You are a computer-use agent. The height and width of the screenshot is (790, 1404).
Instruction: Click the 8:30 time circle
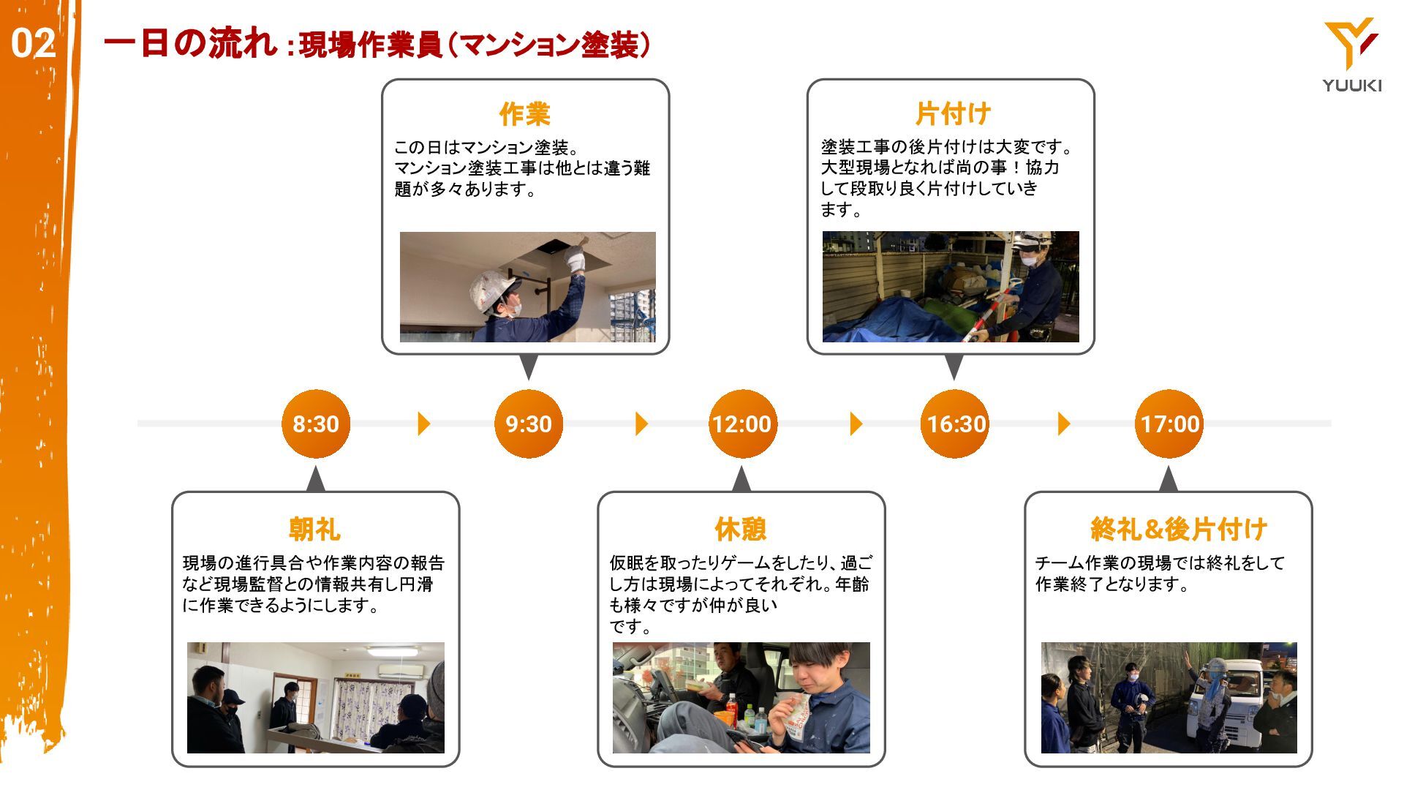(x=316, y=424)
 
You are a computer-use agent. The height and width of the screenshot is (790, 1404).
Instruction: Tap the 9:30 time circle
(x=529, y=424)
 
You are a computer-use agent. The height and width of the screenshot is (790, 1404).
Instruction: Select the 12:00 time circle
(x=742, y=424)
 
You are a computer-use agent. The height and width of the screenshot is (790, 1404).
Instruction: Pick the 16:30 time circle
(x=955, y=424)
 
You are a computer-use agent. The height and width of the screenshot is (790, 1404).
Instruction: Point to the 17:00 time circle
(x=1169, y=424)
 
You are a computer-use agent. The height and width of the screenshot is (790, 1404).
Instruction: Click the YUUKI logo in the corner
(x=1351, y=56)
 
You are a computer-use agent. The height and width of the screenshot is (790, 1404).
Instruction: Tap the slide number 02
(x=33, y=44)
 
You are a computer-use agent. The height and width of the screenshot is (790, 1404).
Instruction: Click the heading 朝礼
(x=315, y=528)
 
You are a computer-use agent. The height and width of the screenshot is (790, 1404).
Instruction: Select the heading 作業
(x=525, y=113)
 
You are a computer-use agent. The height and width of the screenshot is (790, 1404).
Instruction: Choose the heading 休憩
(x=741, y=528)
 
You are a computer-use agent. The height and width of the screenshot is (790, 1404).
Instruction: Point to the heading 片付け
(x=954, y=113)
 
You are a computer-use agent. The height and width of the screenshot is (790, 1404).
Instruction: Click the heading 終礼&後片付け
(x=1179, y=528)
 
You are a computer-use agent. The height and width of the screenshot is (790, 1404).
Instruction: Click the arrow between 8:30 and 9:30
(x=423, y=424)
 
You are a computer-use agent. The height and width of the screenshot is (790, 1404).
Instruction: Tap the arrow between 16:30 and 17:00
(x=1064, y=424)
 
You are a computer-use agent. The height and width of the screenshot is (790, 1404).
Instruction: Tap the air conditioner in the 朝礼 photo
(x=399, y=671)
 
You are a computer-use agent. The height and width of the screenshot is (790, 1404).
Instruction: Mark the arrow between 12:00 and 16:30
(x=856, y=424)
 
